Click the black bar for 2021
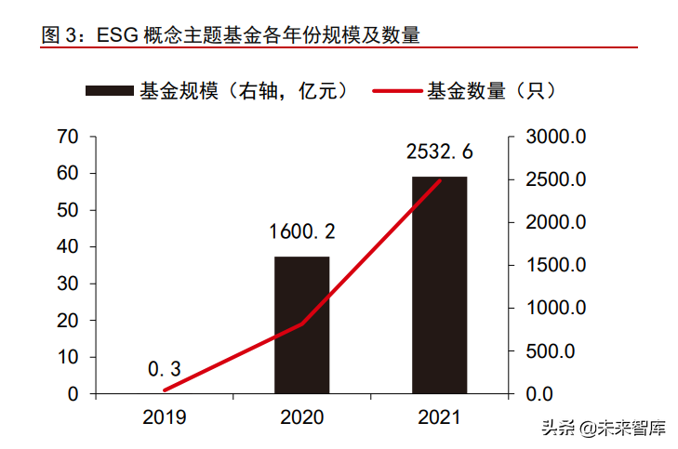coord(439,284)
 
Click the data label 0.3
coord(164,369)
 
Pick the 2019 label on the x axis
coord(164,417)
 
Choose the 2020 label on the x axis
coord(301,417)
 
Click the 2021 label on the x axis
coord(439,417)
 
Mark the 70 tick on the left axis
coord(67,138)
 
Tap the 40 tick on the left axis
coord(67,247)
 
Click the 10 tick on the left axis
coord(67,357)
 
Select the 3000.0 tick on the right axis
coord(554,138)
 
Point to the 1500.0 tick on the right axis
coord(554,266)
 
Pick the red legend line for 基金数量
coord(397,91)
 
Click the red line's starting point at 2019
coord(165,390)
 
